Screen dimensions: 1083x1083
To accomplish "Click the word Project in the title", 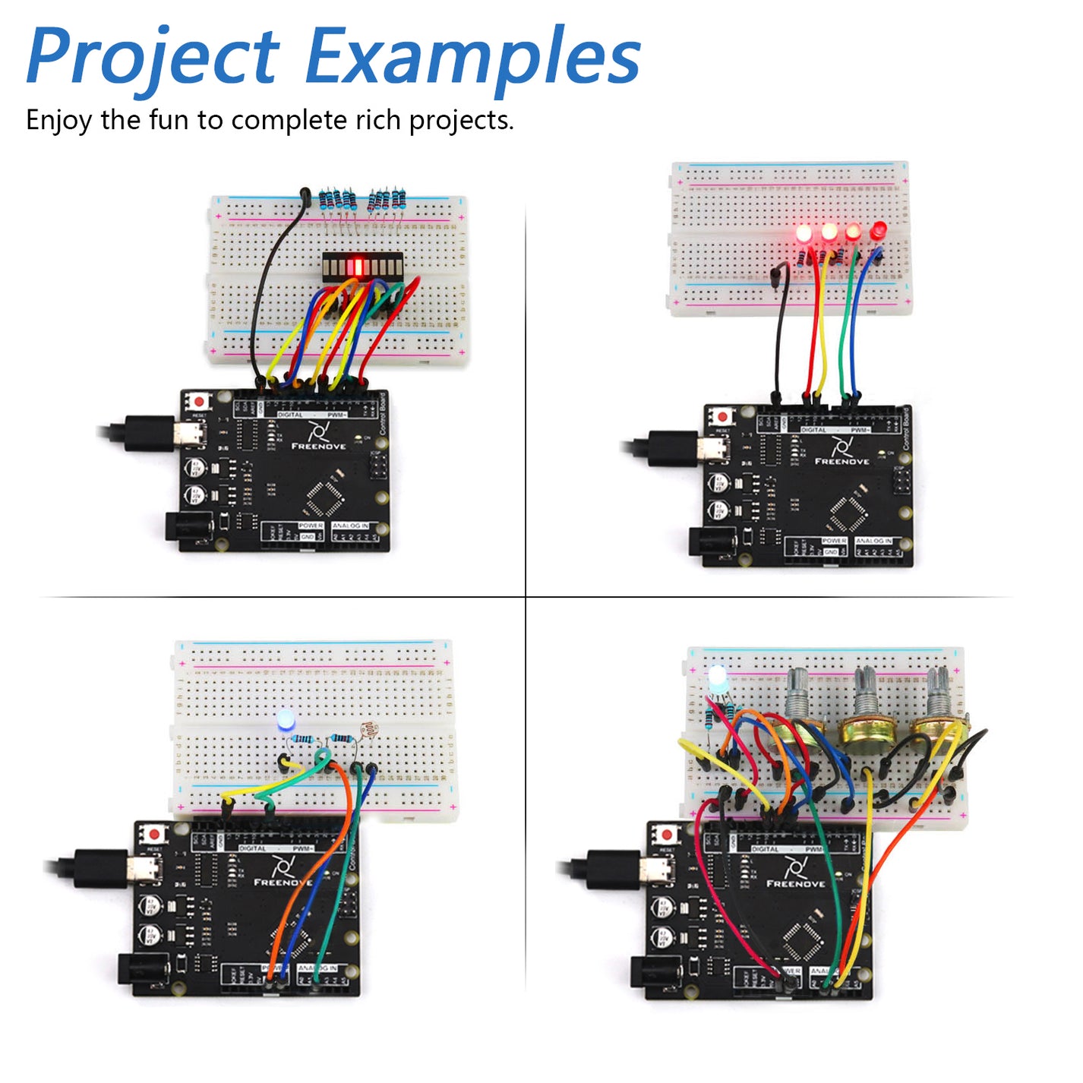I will click(152, 57).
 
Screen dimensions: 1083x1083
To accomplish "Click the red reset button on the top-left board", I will click(200, 401).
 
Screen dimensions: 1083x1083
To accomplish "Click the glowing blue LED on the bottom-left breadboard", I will click(286, 720).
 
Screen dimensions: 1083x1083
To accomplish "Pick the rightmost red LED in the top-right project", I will click(879, 230).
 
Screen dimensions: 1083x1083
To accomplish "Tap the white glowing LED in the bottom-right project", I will click(717, 676).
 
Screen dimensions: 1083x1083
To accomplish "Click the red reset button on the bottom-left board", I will click(156, 833).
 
